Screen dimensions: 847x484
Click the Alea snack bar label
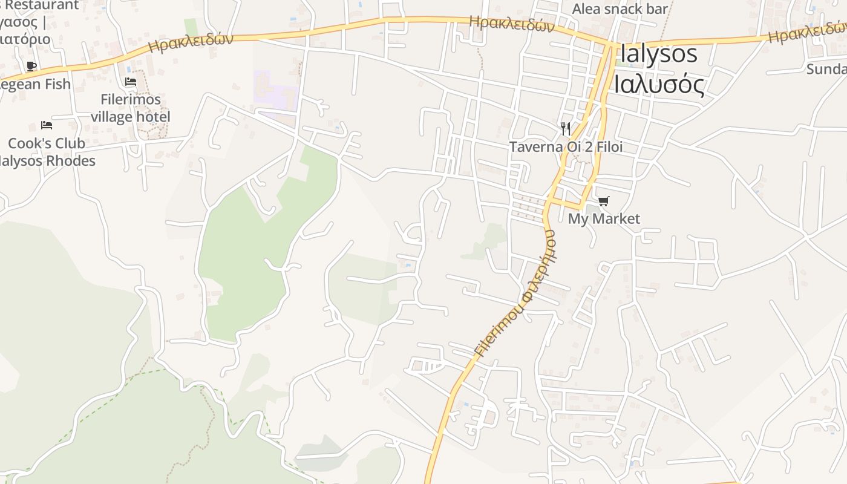tap(620, 8)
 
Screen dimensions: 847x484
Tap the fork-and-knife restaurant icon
tap(566, 128)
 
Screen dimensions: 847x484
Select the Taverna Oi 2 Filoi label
tap(566, 147)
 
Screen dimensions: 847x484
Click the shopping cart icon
tap(603, 201)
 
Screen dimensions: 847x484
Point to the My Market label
tap(603, 218)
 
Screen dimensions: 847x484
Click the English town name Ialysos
tap(658, 54)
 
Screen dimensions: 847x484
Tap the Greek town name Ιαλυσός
tap(659, 84)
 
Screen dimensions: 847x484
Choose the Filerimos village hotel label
tap(131, 108)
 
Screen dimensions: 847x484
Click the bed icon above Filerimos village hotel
tap(131, 82)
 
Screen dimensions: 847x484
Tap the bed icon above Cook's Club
tap(47, 125)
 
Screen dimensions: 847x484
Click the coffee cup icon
tap(31, 66)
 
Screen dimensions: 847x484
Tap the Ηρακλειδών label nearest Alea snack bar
tap(512, 24)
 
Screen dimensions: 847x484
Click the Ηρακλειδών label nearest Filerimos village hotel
tap(191, 43)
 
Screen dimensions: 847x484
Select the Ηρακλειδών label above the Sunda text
tap(808, 32)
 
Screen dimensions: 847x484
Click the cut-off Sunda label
tap(826, 69)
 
